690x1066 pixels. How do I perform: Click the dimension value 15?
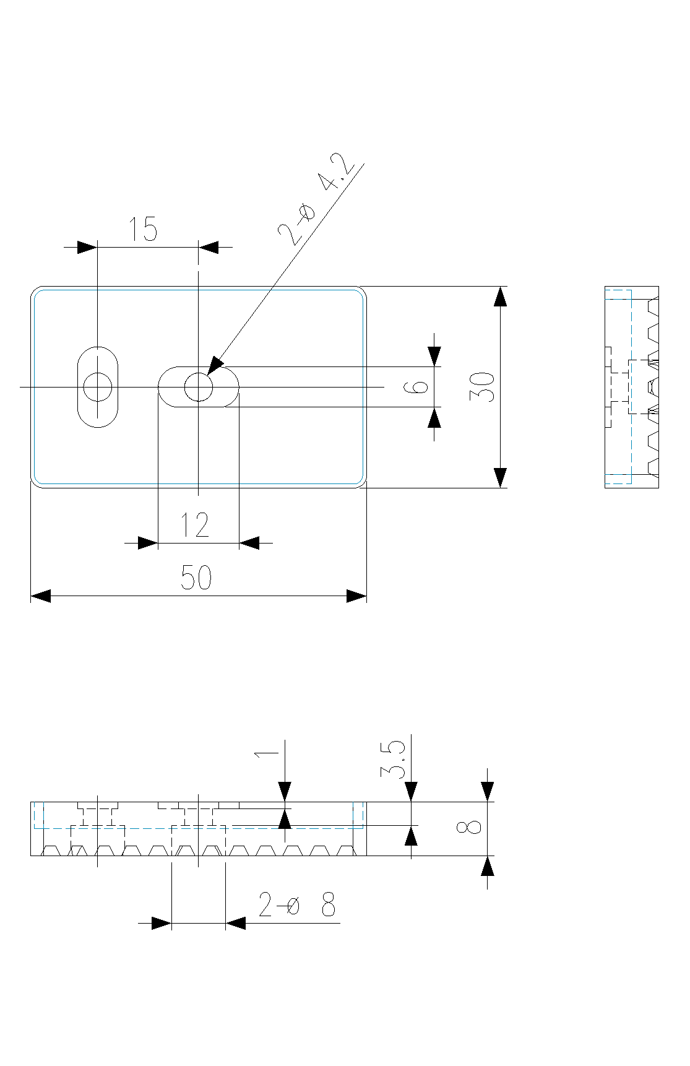tap(143, 229)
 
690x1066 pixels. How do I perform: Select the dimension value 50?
tap(196, 578)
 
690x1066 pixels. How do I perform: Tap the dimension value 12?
tap(195, 525)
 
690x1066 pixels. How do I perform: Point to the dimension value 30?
tap(483, 387)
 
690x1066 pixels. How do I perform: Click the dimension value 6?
tap(416, 387)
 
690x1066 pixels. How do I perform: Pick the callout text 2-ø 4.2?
tap(316, 199)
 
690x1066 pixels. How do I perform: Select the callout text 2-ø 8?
tap(297, 905)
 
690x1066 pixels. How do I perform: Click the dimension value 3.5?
tap(394, 760)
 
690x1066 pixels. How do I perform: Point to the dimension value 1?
tap(267, 754)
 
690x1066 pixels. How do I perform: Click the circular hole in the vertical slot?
tap(98, 388)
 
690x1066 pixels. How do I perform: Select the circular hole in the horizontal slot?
tap(199, 388)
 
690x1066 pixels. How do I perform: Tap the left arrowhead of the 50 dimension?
tap(40, 596)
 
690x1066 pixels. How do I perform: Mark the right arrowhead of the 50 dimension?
tap(356, 596)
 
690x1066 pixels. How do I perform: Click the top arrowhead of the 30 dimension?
tap(501, 297)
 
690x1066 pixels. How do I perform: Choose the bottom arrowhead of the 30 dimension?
tap(501, 478)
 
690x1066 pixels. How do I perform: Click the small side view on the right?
tap(632, 387)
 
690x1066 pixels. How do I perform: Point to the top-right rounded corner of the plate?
tap(361, 292)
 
